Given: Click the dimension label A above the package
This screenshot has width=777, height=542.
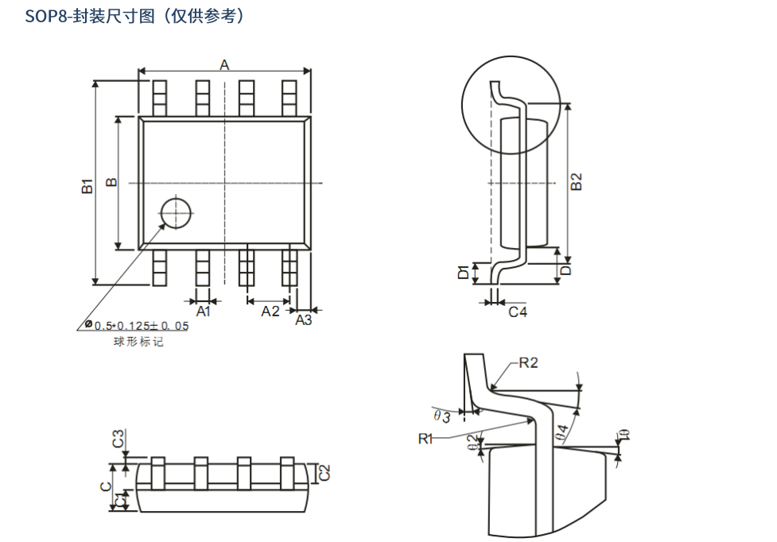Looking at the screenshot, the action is (224, 65).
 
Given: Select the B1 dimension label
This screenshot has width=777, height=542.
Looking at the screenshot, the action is (87, 186).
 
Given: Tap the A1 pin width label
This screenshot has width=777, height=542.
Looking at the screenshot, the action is (203, 312).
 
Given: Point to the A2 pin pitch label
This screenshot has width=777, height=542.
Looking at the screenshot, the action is (270, 312).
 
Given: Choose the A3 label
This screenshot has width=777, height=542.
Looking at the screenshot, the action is (304, 320).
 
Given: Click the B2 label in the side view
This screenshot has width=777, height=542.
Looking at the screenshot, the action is (577, 182).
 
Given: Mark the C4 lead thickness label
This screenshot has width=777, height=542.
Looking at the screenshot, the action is (518, 312).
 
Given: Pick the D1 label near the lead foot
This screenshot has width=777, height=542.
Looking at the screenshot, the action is (464, 272).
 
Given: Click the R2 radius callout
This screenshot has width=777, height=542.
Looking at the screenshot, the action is (528, 363).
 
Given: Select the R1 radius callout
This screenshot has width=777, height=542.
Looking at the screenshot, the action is (425, 439).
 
